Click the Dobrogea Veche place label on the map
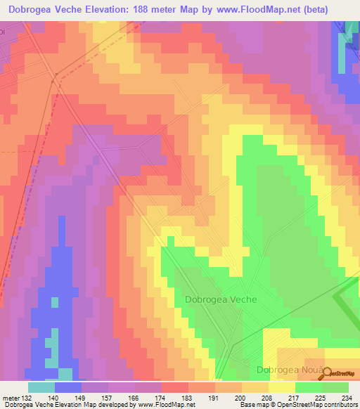(221, 299)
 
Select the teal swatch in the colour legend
(41, 387)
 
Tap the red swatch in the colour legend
(175, 387)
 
